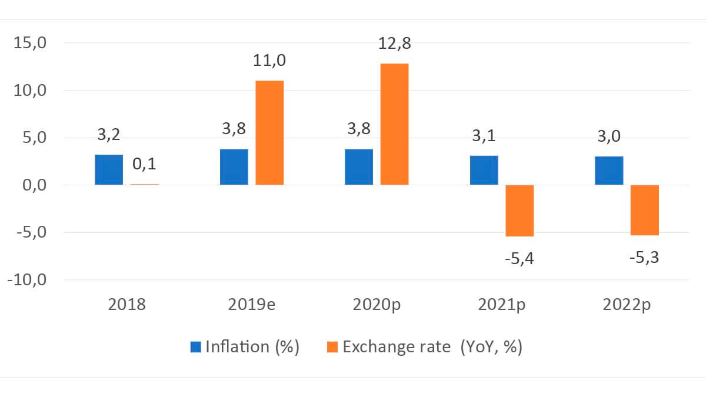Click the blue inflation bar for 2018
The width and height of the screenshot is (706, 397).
click(109, 170)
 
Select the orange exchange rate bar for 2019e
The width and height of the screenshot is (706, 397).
click(269, 133)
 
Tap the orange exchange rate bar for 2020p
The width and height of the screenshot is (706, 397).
click(394, 124)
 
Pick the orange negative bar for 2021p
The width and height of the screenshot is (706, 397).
click(519, 211)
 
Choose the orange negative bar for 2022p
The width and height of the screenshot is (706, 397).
click(644, 210)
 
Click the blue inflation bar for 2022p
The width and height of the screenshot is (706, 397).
click(609, 171)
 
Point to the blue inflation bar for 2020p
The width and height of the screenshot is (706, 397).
click(359, 167)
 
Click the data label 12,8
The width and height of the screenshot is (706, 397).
click(395, 44)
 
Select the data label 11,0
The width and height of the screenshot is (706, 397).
click(270, 61)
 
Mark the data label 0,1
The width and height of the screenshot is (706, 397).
click(144, 164)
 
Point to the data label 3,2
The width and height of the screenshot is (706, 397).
click(108, 135)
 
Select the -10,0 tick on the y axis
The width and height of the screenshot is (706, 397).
click(27, 280)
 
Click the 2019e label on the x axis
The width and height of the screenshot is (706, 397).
click(252, 306)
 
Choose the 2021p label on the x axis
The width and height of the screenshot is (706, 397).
click(502, 306)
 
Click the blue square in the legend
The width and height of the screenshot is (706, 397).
click(196, 347)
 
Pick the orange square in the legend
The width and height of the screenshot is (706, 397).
click(332, 347)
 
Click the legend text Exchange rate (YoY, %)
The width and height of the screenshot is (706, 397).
click(432, 347)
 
